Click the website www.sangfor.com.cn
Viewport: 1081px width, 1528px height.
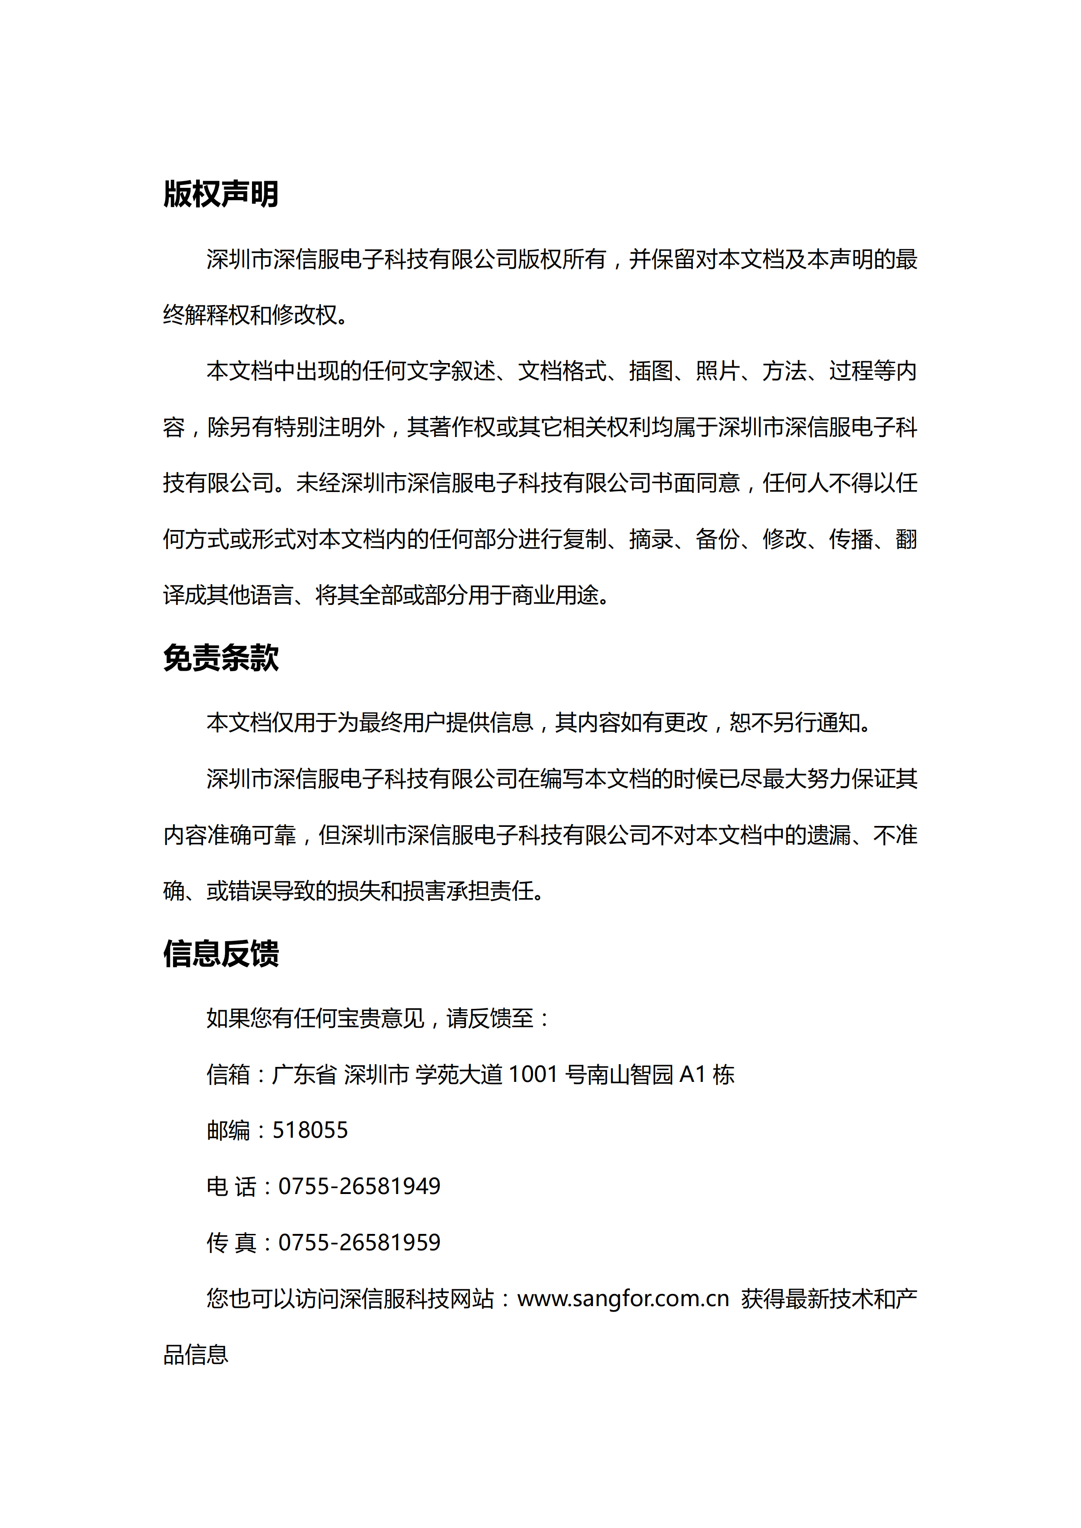point(623,1298)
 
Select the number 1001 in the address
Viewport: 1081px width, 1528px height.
point(533,1074)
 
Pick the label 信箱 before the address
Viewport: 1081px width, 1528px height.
point(228,1074)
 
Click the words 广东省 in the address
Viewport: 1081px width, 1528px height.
point(304,1074)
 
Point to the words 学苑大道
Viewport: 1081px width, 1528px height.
point(459,1074)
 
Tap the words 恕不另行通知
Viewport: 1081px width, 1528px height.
point(795,722)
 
